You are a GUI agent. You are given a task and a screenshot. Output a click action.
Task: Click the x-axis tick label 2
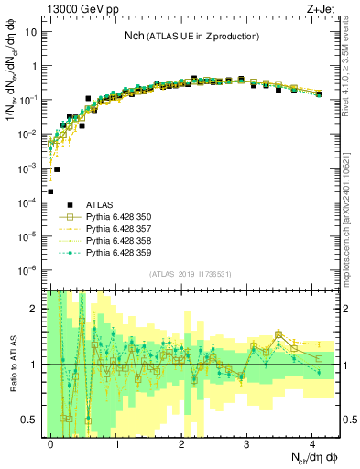pyautogui.click(x=182, y=442)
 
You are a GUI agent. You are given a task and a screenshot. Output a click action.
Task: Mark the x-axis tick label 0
pyautogui.click(x=51, y=442)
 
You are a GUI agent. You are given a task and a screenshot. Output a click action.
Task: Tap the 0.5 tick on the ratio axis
pyautogui.click(x=31, y=420)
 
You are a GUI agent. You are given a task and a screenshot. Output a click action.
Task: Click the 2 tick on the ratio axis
pyautogui.click(x=36, y=309)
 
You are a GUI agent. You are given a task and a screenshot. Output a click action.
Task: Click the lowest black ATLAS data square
pyautogui.click(x=51, y=191)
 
